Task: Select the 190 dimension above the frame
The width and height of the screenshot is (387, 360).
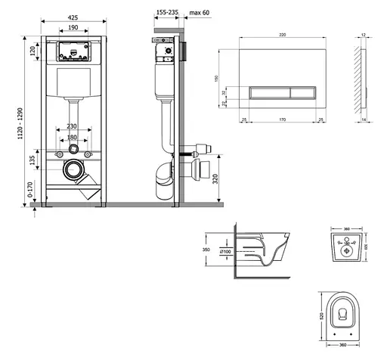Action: [73, 27]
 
